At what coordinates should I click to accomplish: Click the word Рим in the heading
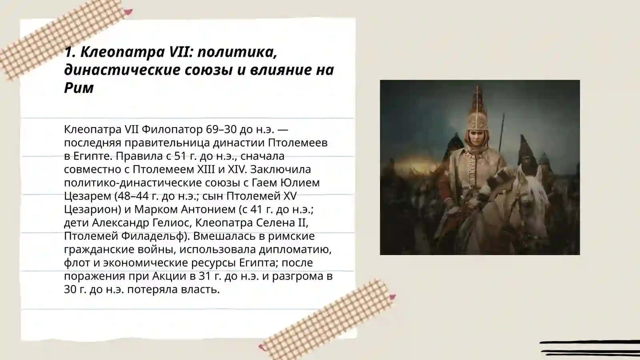[x=79, y=88]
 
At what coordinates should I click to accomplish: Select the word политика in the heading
[x=237, y=52]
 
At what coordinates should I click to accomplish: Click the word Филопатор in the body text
[x=172, y=130]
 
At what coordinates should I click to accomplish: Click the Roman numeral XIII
[x=206, y=170]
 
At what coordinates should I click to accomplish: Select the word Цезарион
[x=92, y=210]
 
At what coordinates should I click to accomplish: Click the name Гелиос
[x=170, y=223]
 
